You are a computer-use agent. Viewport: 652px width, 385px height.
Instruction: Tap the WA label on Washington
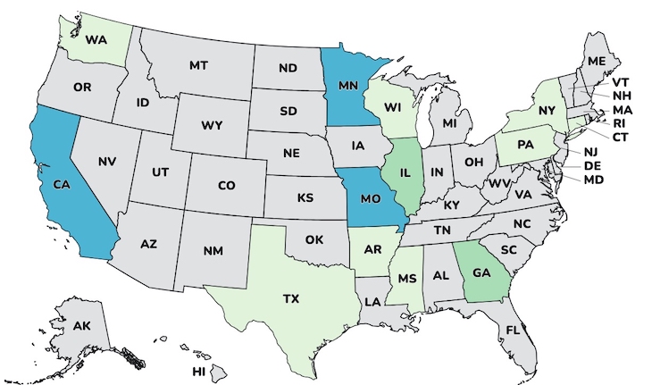point(96,40)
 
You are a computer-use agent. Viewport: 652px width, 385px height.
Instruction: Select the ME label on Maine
point(597,60)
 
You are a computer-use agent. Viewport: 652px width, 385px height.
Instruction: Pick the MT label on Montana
point(199,65)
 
